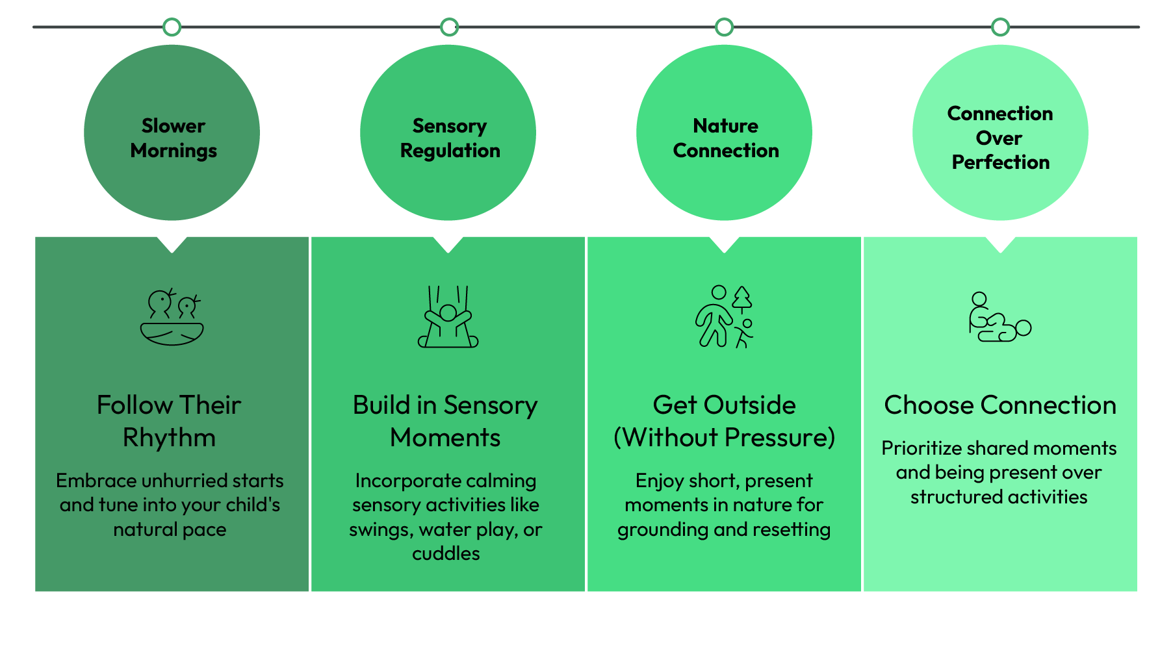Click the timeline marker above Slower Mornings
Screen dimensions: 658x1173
click(172, 27)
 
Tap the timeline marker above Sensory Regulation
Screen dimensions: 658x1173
click(449, 27)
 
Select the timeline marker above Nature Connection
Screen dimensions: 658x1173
click(724, 27)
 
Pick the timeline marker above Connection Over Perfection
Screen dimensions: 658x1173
click(1000, 27)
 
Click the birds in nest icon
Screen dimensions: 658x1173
click(172, 317)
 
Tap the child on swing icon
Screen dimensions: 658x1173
click(448, 317)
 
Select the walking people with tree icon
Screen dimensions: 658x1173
click(725, 317)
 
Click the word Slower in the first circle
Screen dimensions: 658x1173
click(173, 125)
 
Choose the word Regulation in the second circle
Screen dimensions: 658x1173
click(450, 151)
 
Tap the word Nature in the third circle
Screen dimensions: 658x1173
click(725, 125)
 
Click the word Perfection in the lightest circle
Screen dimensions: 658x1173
click(1000, 162)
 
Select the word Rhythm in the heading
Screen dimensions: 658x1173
click(169, 438)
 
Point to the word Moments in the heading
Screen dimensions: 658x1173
click(445, 438)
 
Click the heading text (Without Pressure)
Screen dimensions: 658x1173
click(724, 438)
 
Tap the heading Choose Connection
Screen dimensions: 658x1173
click(999, 405)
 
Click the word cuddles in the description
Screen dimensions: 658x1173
click(446, 553)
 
